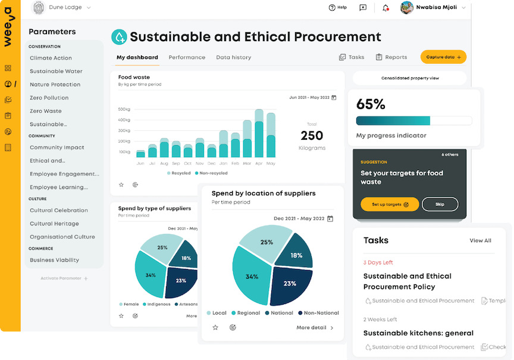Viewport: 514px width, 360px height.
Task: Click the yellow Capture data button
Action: [x=443, y=57]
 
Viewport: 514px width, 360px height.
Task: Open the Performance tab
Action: [x=187, y=58]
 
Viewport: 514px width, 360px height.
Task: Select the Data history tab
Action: [x=233, y=58]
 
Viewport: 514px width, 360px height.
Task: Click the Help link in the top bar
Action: [x=337, y=8]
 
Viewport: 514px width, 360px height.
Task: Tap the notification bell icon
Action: [x=385, y=8]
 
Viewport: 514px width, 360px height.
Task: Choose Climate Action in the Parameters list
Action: [x=51, y=58]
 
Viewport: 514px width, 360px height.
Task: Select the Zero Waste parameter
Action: [x=46, y=111]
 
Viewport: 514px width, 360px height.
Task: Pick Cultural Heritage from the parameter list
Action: [x=54, y=224]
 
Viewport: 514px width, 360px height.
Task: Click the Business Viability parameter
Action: [x=54, y=260]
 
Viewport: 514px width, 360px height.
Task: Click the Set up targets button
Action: [x=390, y=204]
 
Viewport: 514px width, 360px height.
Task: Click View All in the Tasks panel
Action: [x=480, y=240]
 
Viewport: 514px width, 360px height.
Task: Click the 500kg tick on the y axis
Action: [x=124, y=109]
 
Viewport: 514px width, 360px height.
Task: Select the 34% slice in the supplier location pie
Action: [x=252, y=277]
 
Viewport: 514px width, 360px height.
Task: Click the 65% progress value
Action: [x=371, y=104]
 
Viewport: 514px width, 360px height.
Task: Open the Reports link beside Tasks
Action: [x=391, y=58]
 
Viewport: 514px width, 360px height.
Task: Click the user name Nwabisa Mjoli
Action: [x=436, y=8]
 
